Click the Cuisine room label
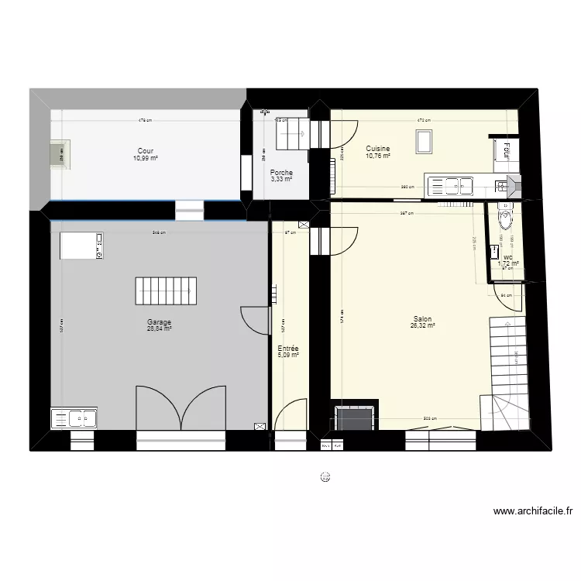tap(378, 148)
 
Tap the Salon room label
tap(422, 318)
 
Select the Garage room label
tap(159, 321)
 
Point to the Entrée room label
tap(288, 349)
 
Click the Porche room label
tap(280, 173)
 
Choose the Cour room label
tap(145, 151)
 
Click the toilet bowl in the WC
tap(504, 220)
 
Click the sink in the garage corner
tap(74, 418)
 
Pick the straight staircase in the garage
tap(163, 291)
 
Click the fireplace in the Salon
tap(355, 418)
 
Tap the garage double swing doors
tap(180, 408)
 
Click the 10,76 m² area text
tap(377, 156)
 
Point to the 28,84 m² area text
tap(159, 328)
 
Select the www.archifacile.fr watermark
tap(532, 511)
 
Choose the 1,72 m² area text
tap(507, 263)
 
